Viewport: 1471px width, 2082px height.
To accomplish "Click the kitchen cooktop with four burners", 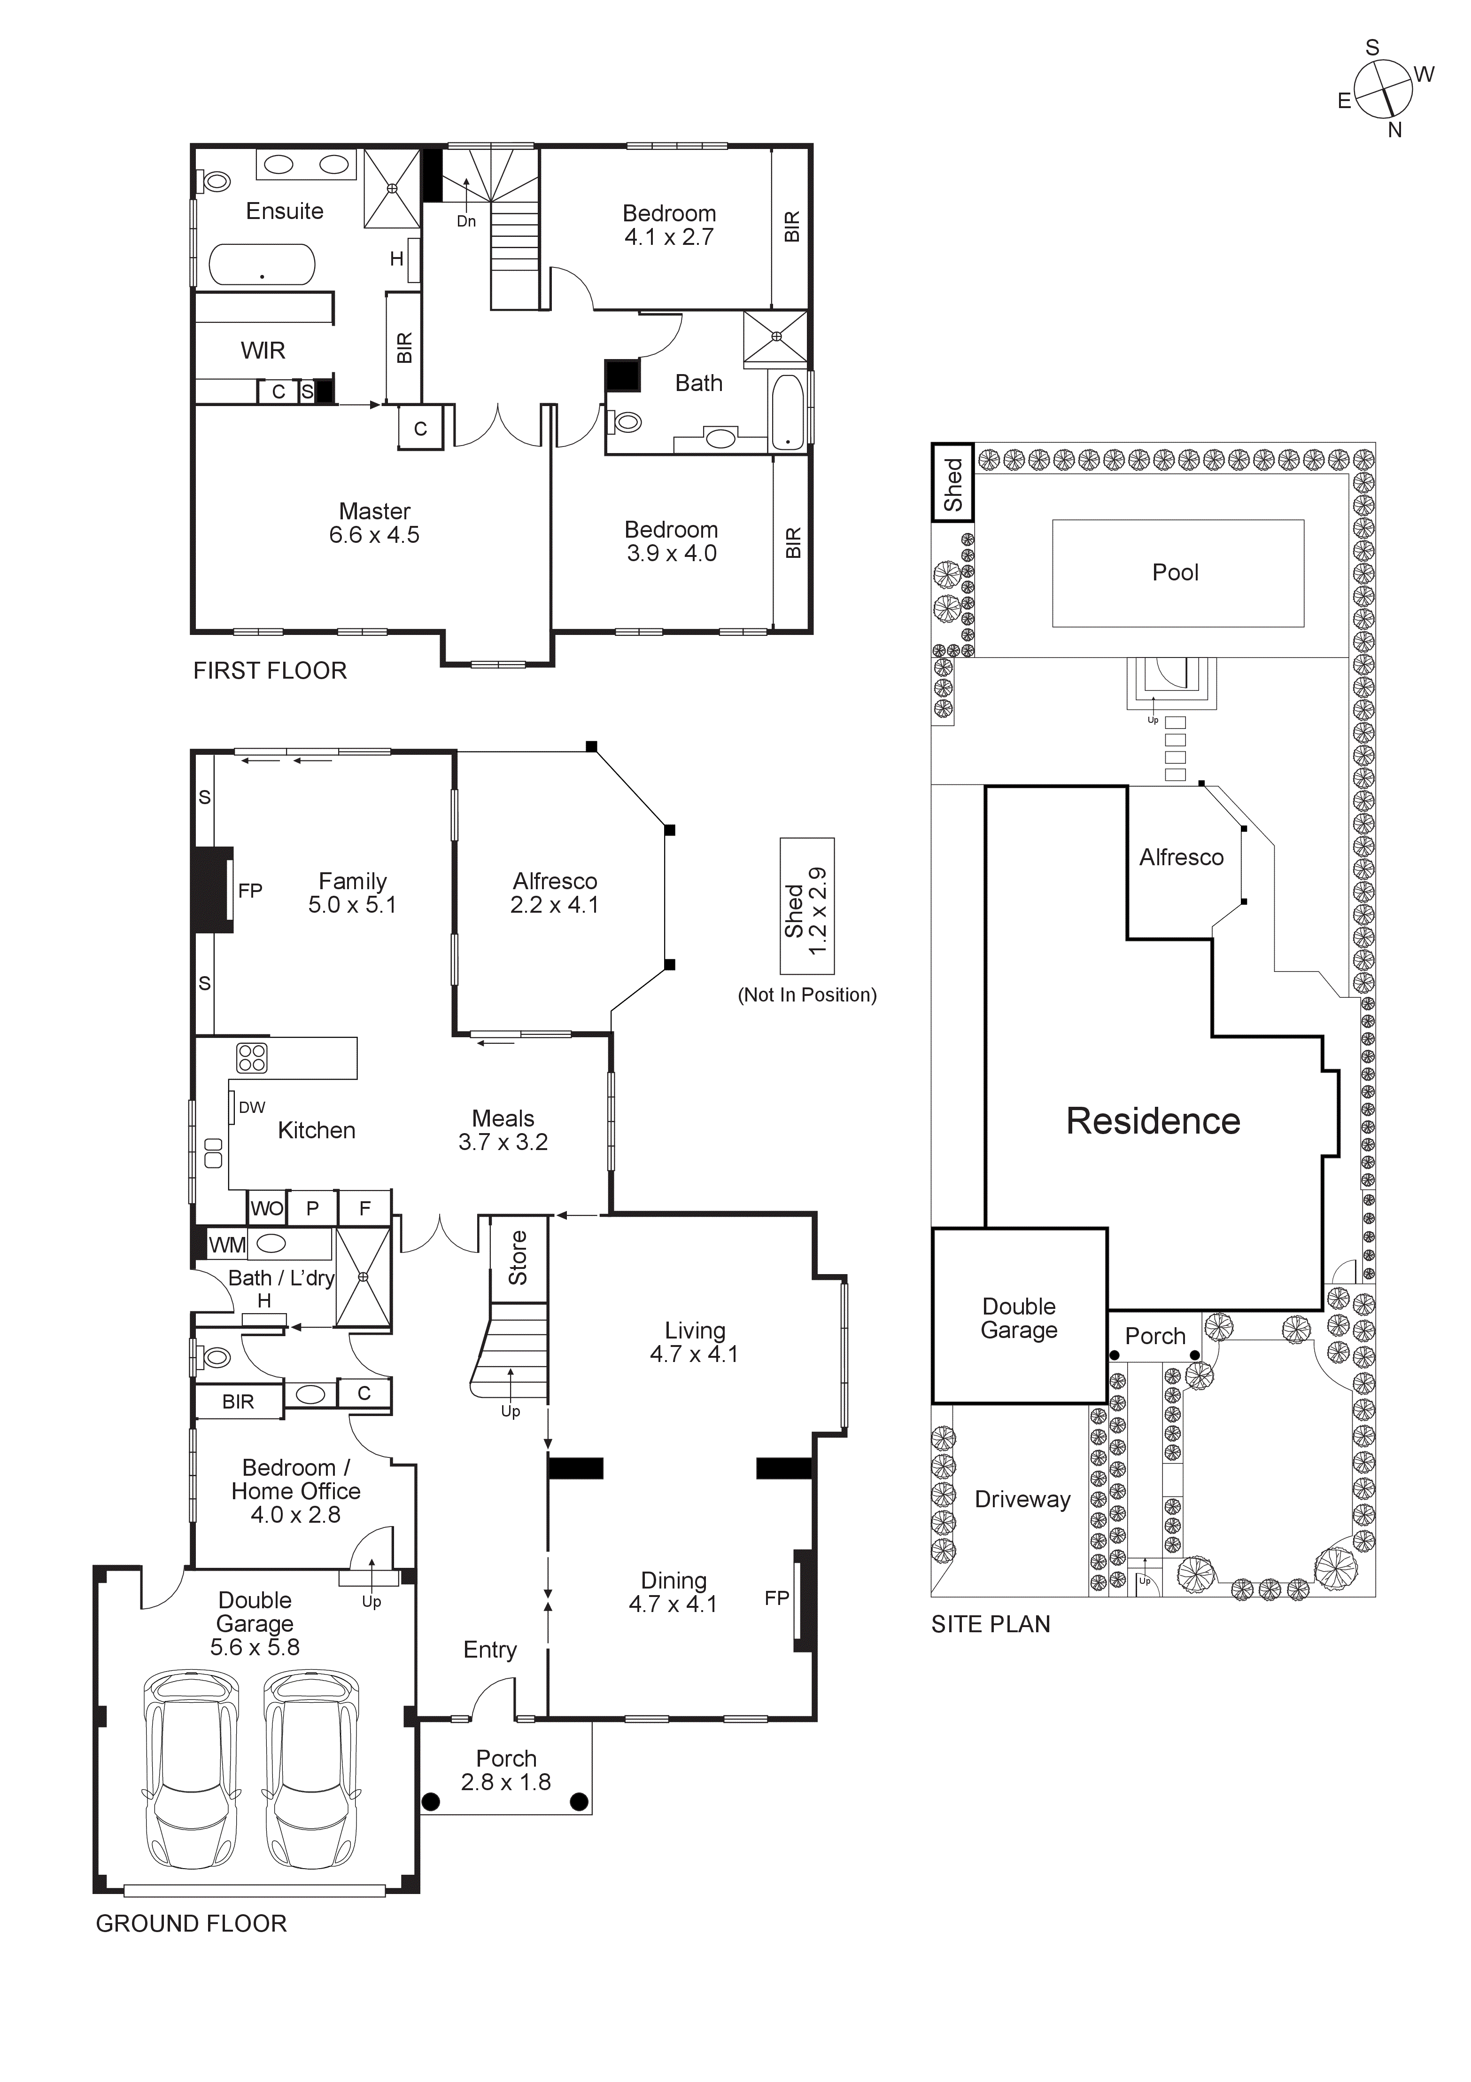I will click(252, 1057).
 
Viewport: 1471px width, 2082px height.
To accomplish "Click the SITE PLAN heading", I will click(991, 1624).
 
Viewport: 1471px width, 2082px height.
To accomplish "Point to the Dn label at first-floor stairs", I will click(466, 221).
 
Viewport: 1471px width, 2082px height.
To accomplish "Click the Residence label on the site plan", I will click(1153, 1122).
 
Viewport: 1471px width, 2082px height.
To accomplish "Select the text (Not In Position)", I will click(806, 995).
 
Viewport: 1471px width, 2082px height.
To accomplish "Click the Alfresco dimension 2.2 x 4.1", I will click(555, 905).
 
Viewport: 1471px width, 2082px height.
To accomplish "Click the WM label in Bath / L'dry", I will click(226, 1245).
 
